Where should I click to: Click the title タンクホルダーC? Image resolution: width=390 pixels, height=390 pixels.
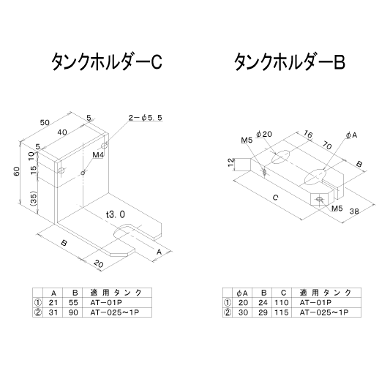click(107, 61)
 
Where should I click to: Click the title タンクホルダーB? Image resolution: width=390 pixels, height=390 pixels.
click(290, 61)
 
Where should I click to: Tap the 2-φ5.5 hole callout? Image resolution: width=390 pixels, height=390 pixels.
click(146, 117)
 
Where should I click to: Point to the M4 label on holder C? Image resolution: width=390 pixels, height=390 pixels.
click(98, 155)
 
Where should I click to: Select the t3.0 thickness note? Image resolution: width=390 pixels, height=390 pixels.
click(116, 214)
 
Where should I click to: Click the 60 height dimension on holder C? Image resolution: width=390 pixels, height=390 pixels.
click(17, 171)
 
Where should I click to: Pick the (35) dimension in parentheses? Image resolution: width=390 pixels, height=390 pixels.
click(34, 198)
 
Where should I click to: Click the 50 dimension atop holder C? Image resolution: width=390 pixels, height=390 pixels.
click(45, 122)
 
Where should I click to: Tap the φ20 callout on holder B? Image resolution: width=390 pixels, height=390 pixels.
click(264, 135)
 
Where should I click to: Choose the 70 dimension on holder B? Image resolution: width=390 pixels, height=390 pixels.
click(327, 146)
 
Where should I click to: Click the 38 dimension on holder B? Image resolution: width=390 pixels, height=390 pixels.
click(354, 211)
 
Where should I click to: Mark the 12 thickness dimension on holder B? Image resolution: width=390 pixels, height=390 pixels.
click(231, 162)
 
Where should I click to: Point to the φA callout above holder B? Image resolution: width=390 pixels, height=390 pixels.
click(351, 135)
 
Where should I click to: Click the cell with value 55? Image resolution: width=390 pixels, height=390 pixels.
click(73, 302)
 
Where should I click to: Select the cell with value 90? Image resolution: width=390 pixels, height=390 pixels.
click(73, 312)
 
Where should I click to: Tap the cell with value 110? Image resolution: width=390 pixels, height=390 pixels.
click(282, 302)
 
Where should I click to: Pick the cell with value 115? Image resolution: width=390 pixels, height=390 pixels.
click(282, 312)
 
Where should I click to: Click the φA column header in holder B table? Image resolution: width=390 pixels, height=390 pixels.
click(242, 293)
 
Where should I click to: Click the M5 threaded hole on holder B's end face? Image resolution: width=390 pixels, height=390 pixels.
click(319, 199)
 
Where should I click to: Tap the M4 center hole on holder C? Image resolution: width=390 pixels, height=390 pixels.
click(83, 173)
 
